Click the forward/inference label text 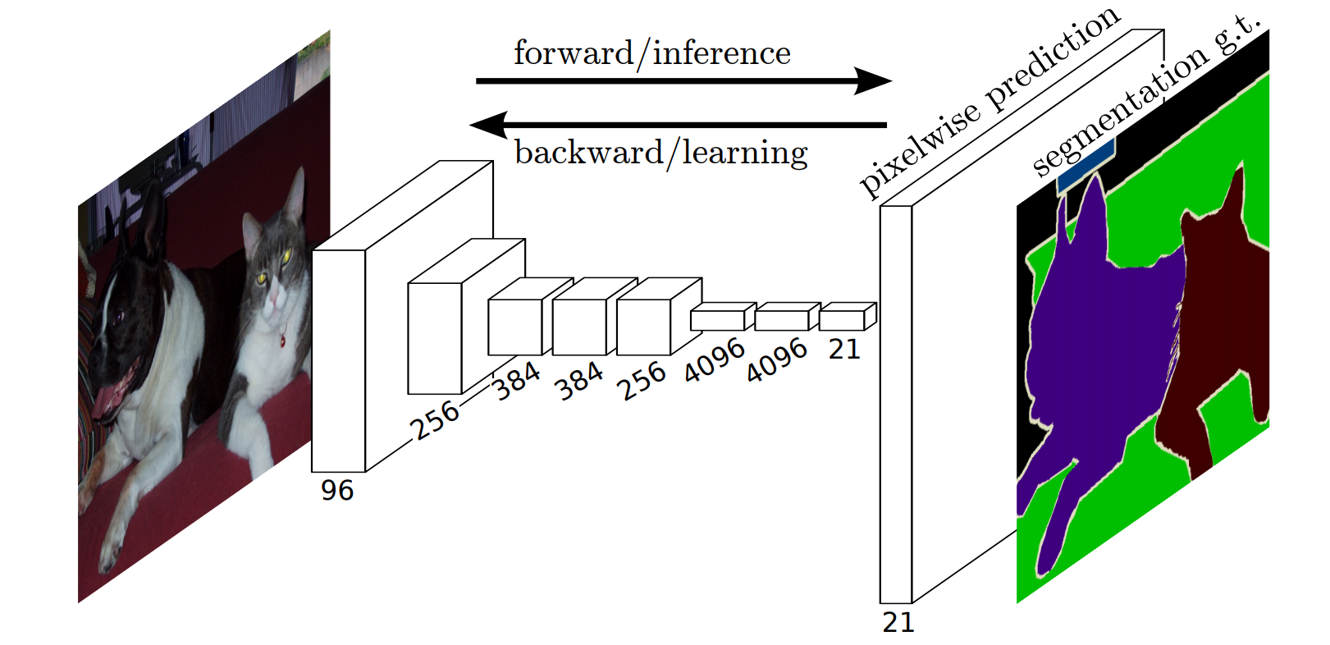tap(651, 54)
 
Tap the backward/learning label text tap(660, 153)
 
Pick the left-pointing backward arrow tap(677, 125)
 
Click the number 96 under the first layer tap(336, 491)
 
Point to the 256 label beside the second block tap(434, 420)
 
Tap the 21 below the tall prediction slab tap(898, 623)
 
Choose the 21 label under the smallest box tap(843, 350)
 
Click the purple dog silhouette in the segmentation tap(1099, 345)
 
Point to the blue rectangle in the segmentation tap(1085, 167)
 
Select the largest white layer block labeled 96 tap(338, 361)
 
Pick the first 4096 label tap(714, 361)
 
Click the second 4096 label tap(776, 361)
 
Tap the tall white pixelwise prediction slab tap(896, 402)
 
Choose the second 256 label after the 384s tap(641, 380)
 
